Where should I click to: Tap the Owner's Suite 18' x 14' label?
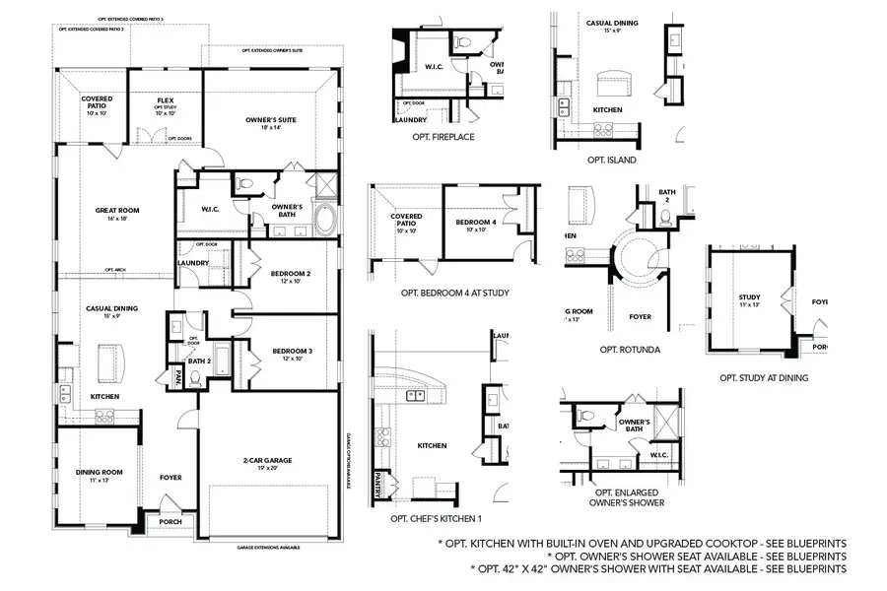[x=265, y=123]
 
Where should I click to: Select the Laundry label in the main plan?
[x=191, y=263]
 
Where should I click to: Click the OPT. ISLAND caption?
[x=611, y=160]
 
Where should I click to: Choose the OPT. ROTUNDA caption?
[x=629, y=349]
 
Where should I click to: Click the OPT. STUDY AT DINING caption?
[x=764, y=377]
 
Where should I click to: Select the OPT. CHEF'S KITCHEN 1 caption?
[x=436, y=518]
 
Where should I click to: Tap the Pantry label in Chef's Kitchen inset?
[x=376, y=484]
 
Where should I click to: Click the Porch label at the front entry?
[x=171, y=521]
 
